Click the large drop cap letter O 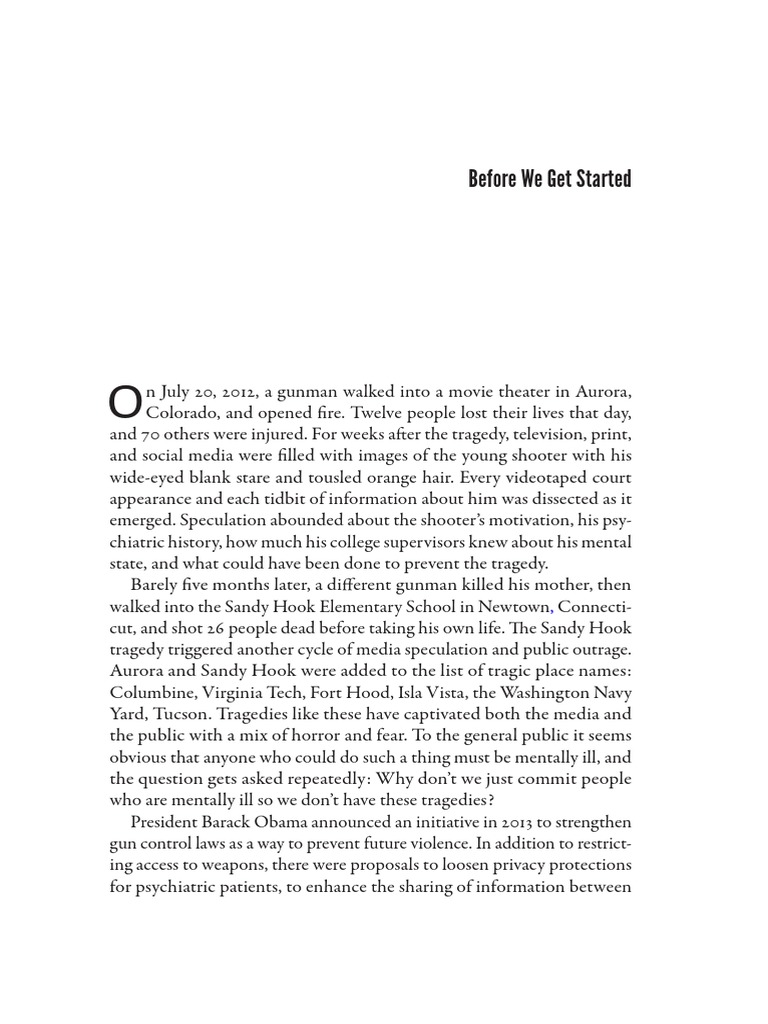click(125, 401)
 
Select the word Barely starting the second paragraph click(154, 585)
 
